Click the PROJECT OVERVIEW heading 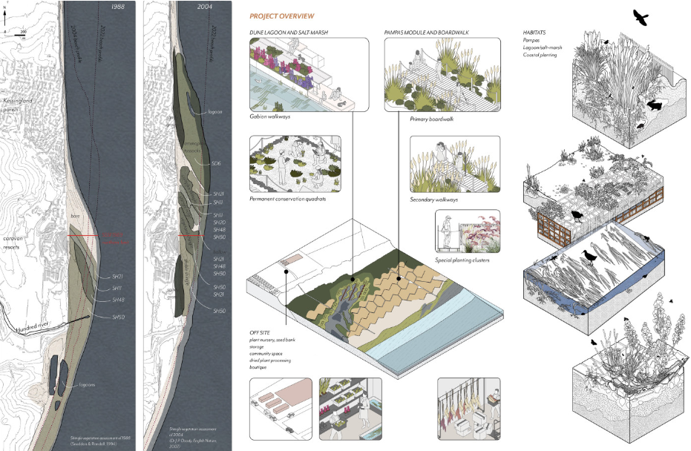pyautogui.click(x=281, y=16)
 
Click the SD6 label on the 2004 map pyautogui.click(x=217, y=163)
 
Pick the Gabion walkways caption pyautogui.click(x=272, y=117)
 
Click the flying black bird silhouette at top pyautogui.click(x=640, y=16)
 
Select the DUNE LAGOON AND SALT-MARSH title pyautogui.click(x=289, y=33)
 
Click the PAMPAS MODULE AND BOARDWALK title pyautogui.click(x=431, y=33)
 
